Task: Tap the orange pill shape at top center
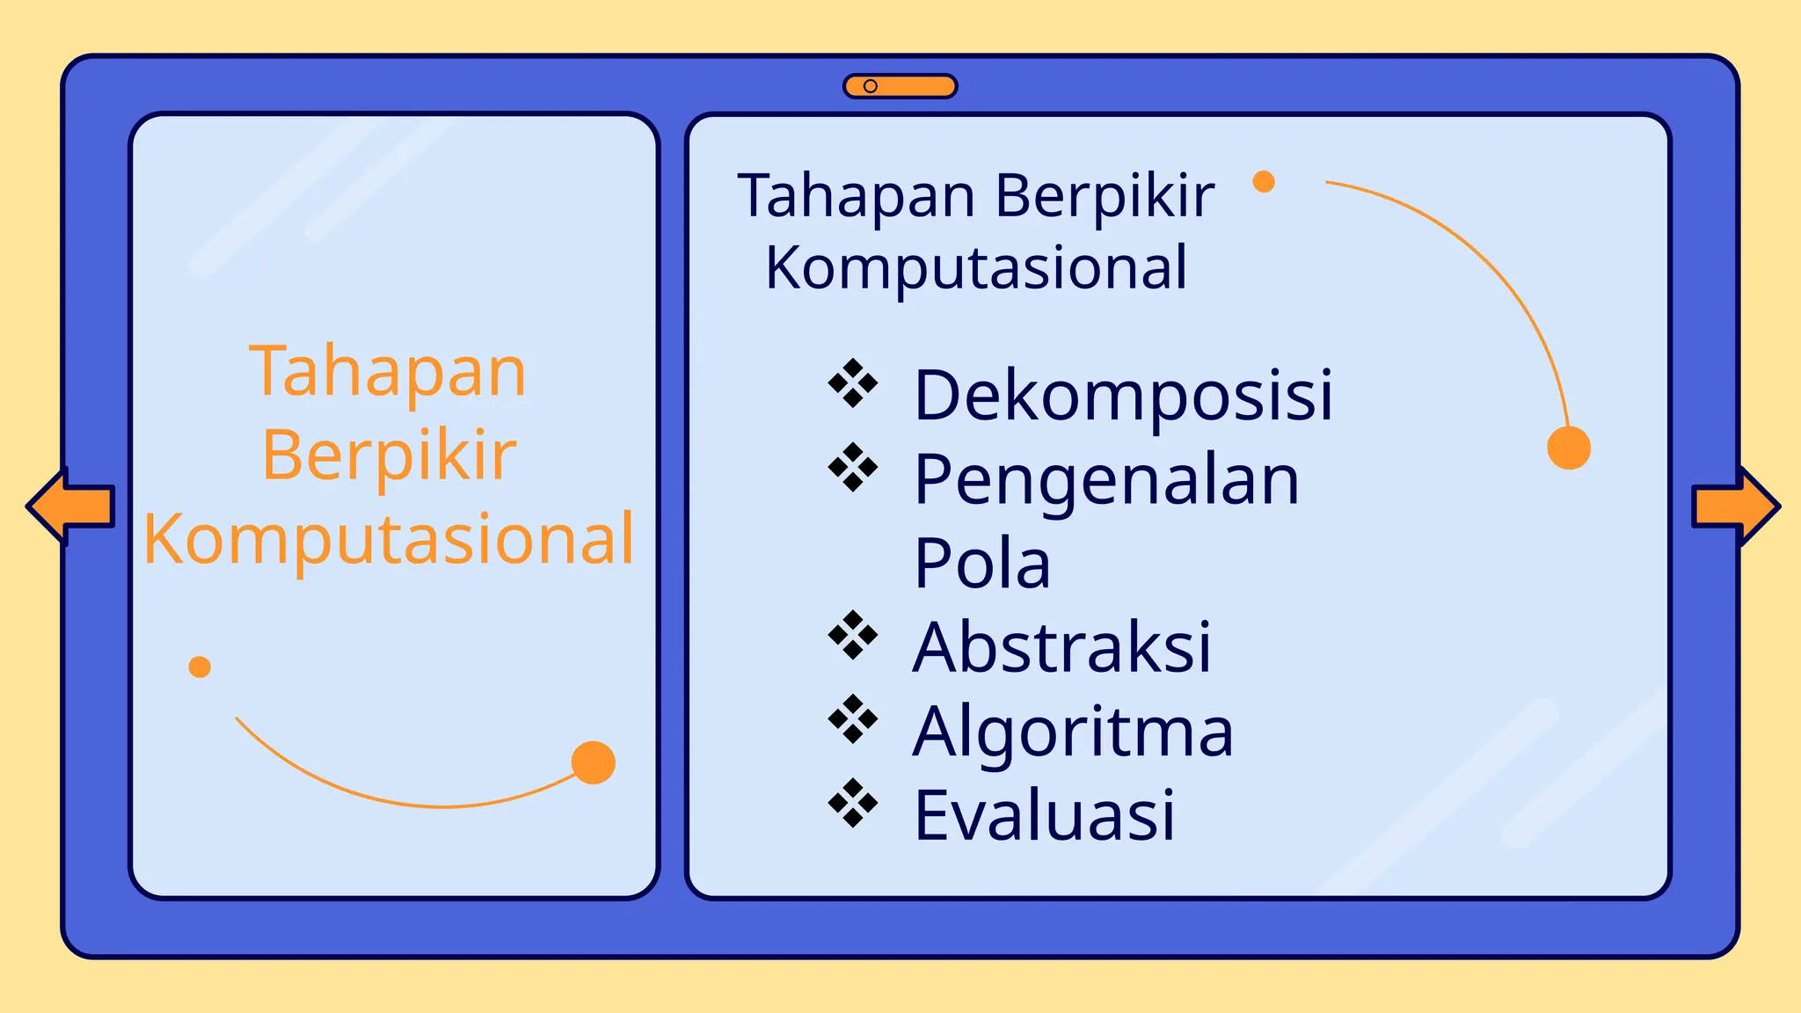pos(900,86)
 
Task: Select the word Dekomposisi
pos(1123,396)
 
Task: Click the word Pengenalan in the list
pos(1106,480)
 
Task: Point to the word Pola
pos(981,564)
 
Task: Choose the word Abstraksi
pos(1061,648)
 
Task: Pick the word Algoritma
pos(1073,732)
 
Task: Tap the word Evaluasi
pos(1044,816)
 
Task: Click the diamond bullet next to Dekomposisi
pos(853,383)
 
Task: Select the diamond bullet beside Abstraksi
pos(853,635)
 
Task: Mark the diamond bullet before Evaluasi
pos(853,803)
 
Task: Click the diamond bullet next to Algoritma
pos(853,719)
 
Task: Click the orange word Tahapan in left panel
pos(388,373)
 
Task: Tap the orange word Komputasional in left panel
pos(388,539)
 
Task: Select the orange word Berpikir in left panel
pos(388,455)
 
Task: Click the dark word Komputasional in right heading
pos(976,268)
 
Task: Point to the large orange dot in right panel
pos(1569,448)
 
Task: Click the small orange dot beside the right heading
pos(1264,182)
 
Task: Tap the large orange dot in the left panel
pos(594,762)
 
